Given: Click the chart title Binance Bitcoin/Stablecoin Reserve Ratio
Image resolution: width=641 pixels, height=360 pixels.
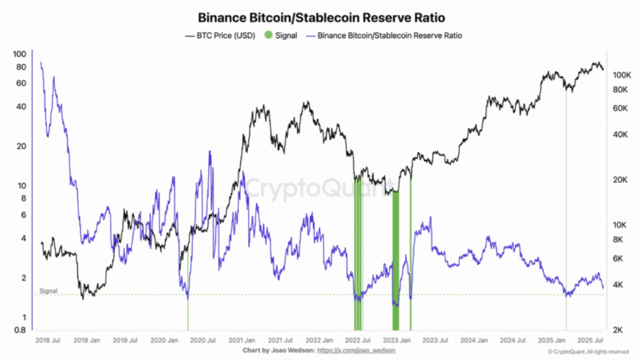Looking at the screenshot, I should pos(321,18).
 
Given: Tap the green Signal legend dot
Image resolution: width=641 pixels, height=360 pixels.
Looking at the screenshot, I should pos(269,36).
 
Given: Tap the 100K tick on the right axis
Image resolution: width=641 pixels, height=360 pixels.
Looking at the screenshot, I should pos(621,75).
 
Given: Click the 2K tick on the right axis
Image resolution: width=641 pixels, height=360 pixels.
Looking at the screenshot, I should pos(618,330).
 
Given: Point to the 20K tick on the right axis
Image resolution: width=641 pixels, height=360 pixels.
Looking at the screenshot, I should pos(620,180).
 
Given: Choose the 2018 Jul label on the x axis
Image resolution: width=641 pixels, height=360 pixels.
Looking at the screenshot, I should pos(48,341).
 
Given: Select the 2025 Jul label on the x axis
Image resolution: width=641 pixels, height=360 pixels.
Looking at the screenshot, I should pos(590,341).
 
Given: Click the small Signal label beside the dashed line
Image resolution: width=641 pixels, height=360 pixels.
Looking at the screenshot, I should pos(48,291).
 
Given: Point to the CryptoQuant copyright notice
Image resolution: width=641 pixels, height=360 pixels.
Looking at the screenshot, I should pos(588,352).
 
